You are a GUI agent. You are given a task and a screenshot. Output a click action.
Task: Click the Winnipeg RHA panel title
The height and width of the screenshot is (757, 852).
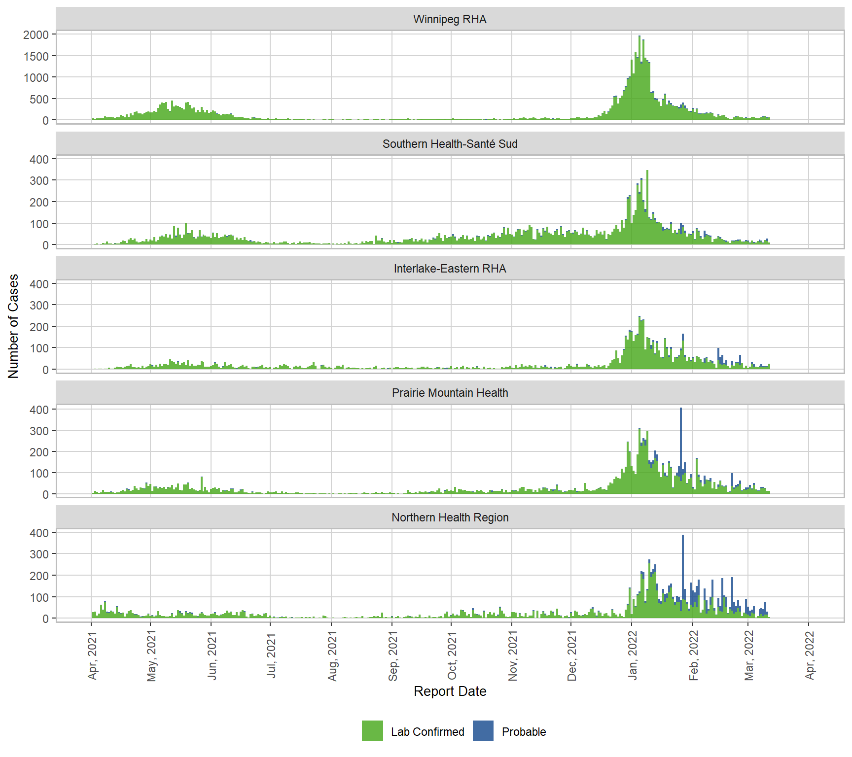click(450, 19)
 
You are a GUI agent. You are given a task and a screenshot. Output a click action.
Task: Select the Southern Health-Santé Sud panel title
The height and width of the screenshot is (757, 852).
click(450, 144)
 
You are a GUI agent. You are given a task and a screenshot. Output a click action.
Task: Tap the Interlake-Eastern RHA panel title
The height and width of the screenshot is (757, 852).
click(450, 269)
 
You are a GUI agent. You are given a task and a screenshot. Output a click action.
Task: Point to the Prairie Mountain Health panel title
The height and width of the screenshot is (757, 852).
click(450, 393)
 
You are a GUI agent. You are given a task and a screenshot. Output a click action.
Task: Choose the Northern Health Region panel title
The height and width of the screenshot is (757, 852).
click(450, 517)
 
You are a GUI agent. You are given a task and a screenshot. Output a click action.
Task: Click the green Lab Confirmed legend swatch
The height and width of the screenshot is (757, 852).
click(372, 731)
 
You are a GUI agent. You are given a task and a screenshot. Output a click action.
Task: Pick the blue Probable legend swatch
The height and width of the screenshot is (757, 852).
click(483, 731)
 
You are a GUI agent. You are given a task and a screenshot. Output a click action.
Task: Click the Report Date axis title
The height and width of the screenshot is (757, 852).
click(450, 691)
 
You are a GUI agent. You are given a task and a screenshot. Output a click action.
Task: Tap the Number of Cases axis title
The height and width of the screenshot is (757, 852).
click(13, 326)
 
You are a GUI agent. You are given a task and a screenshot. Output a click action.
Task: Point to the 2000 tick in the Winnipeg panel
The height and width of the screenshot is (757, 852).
click(36, 35)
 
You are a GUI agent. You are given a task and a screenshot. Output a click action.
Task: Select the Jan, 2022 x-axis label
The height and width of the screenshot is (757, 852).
click(633, 655)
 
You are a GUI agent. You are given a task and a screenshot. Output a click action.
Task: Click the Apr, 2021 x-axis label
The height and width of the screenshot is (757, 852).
click(92, 655)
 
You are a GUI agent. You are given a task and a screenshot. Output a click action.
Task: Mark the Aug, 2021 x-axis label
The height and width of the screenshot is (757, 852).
click(332, 655)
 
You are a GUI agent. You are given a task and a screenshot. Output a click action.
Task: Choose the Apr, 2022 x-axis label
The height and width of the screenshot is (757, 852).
click(810, 655)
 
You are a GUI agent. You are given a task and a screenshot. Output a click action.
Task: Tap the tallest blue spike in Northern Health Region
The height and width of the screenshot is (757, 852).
click(683, 562)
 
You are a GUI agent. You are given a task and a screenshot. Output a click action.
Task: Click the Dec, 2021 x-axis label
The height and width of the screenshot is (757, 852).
click(572, 655)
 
